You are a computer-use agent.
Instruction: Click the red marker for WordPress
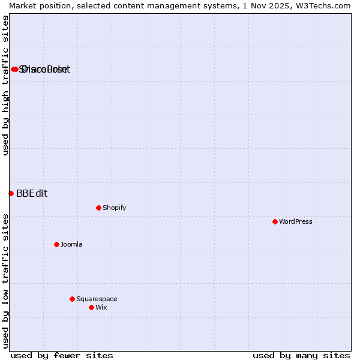pos(275,221)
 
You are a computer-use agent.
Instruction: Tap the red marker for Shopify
pos(98,208)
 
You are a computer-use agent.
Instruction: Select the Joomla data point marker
pos(56,244)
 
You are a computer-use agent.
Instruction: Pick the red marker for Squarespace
pos(72,299)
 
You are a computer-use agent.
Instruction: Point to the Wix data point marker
pos(91,307)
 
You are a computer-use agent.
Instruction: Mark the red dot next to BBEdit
pos(11,193)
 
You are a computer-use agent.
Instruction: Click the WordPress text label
pos(296,221)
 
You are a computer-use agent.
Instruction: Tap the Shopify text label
pos(114,208)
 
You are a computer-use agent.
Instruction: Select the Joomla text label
pos(71,244)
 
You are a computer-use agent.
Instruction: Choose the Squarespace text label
pos(97,299)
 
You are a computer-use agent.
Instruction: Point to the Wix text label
pos(101,307)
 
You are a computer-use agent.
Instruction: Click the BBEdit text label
pos(32,193)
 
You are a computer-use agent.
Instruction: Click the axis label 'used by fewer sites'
pos(62,355)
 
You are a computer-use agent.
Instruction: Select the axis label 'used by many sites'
pos(301,355)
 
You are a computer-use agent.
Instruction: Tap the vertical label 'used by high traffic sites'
pos(5,85)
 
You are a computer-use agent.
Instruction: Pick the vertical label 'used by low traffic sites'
pos(5,280)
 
